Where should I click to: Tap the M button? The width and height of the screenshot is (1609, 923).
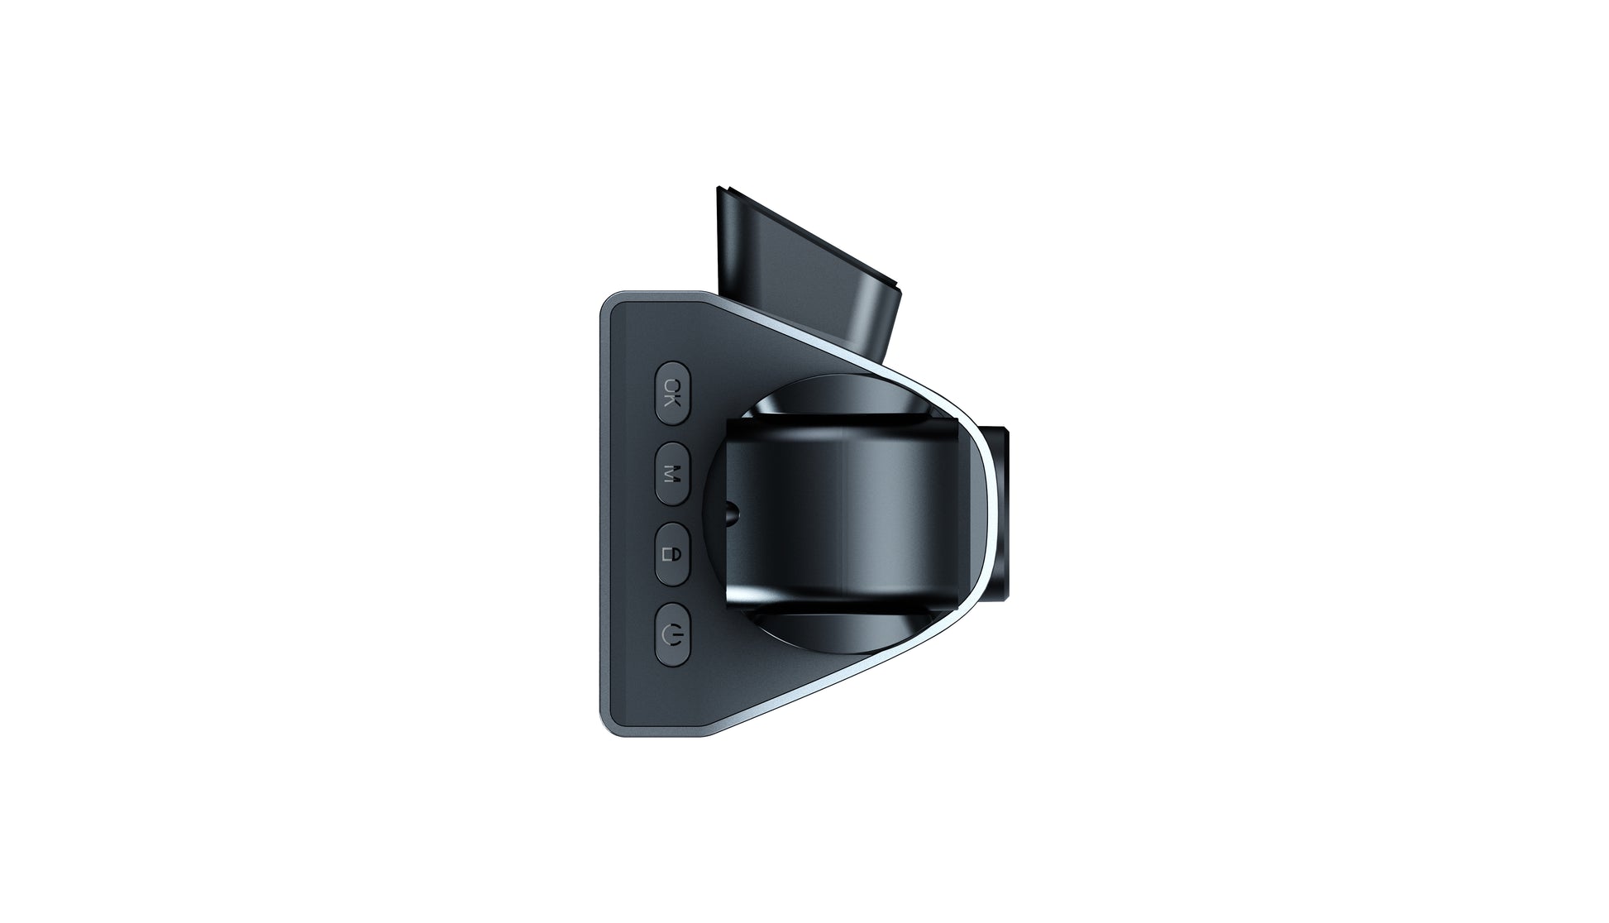click(672, 473)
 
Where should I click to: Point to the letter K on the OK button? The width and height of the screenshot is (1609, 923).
click(673, 401)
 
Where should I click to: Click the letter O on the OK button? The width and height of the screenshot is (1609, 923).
click(673, 385)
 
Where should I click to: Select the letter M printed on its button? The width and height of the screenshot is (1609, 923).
click(673, 474)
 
